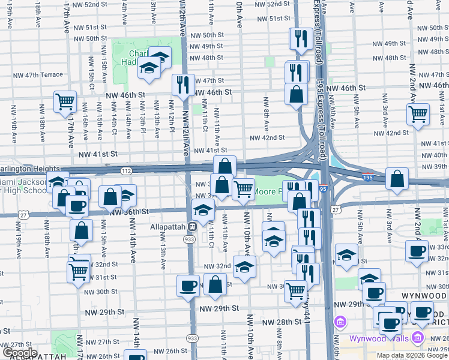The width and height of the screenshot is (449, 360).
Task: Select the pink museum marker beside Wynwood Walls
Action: [341, 323]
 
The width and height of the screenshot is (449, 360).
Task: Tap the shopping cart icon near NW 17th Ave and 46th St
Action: [65, 101]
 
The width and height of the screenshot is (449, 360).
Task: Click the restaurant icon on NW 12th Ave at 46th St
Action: [183, 85]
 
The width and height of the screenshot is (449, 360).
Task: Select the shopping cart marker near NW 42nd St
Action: [418, 113]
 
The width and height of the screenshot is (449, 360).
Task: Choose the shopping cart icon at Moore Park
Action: [243, 188]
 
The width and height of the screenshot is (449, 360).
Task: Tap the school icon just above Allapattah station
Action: [203, 210]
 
